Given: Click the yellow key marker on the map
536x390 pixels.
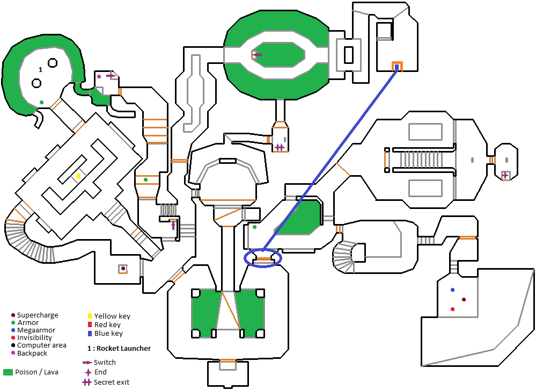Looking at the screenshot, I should click(x=78, y=176).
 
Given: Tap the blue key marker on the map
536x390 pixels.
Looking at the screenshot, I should click(x=397, y=67).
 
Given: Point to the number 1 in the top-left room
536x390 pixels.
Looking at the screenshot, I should click(x=40, y=70).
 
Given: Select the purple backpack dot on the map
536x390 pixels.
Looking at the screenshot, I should click(x=99, y=77).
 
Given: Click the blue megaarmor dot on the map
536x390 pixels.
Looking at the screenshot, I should click(x=452, y=290).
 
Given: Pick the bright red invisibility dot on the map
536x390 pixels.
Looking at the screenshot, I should click(x=452, y=309).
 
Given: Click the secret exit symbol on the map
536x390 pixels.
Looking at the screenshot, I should click(x=279, y=147).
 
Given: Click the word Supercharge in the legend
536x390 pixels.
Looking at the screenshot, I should click(x=38, y=315).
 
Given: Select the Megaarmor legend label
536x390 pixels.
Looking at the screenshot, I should click(x=36, y=330).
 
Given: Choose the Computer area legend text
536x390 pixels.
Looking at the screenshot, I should click(x=42, y=345).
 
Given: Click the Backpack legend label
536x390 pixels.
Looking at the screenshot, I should click(x=32, y=353).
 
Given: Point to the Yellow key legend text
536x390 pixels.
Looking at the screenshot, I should click(x=112, y=316).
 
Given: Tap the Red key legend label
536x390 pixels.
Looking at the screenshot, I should click(x=107, y=325).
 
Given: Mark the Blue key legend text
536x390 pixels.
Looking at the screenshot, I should click(x=108, y=334).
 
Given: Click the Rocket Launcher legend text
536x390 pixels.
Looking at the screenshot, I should click(x=123, y=349).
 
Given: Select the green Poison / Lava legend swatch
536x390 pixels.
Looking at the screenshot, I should click(x=8, y=372).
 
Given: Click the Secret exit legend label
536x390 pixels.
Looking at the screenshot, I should click(x=112, y=382).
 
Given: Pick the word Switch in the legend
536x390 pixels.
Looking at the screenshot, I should click(x=105, y=363).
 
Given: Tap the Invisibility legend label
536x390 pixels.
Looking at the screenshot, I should click(x=34, y=338).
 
